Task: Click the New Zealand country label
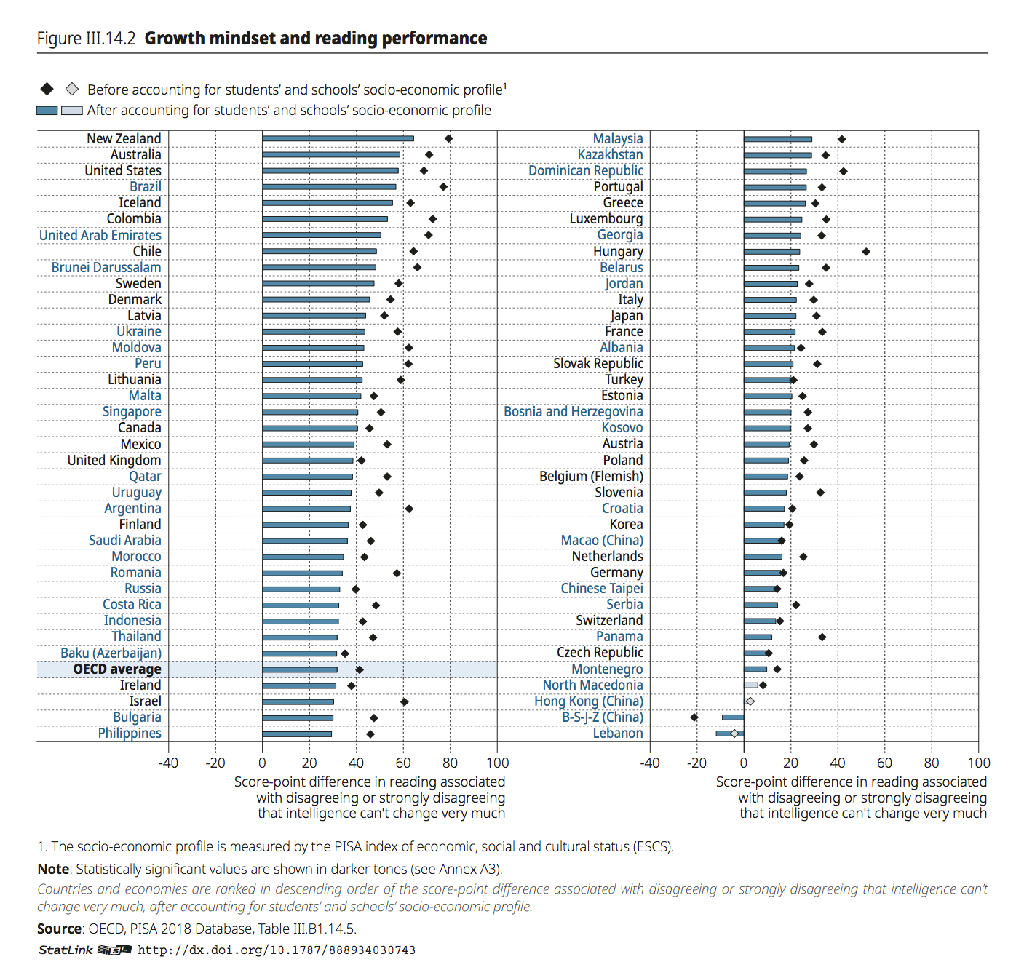(124, 138)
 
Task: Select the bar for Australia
(331, 154)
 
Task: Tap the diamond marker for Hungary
(866, 252)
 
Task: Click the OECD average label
(117, 669)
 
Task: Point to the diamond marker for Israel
(405, 702)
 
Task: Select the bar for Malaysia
(777, 139)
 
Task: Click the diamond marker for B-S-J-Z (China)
(694, 717)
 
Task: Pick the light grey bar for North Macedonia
(751, 685)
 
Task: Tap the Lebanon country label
(617, 733)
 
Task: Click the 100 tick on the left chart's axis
(497, 763)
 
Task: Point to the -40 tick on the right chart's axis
(650, 763)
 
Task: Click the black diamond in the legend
(47, 89)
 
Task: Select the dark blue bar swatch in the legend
(47, 111)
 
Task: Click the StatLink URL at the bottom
(277, 950)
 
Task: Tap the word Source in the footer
(59, 929)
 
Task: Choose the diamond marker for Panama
(822, 637)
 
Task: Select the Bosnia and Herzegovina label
(573, 411)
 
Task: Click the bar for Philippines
(297, 734)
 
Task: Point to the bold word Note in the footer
(53, 869)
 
